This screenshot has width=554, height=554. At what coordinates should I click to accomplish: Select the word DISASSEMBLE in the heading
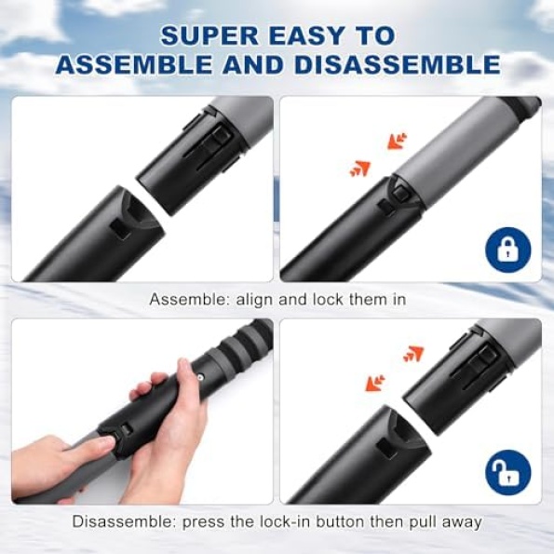point(398,64)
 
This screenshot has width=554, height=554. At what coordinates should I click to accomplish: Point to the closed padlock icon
point(508,250)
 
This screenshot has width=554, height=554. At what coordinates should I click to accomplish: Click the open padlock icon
point(508,473)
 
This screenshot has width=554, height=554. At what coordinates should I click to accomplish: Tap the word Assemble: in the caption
point(189,300)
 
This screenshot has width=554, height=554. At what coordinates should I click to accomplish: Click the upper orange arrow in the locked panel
point(398,141)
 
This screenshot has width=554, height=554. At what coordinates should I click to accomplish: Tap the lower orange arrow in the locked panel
point(359,169)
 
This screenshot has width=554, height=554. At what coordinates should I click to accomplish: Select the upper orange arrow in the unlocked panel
point(413,354)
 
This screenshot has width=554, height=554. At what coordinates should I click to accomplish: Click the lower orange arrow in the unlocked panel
point(375,384)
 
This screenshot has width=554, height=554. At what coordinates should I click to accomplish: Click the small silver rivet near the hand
point(200,378)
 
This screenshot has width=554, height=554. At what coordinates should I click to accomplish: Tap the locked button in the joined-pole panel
point(400,193)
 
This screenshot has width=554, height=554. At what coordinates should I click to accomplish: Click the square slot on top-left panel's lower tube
point(120,229)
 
